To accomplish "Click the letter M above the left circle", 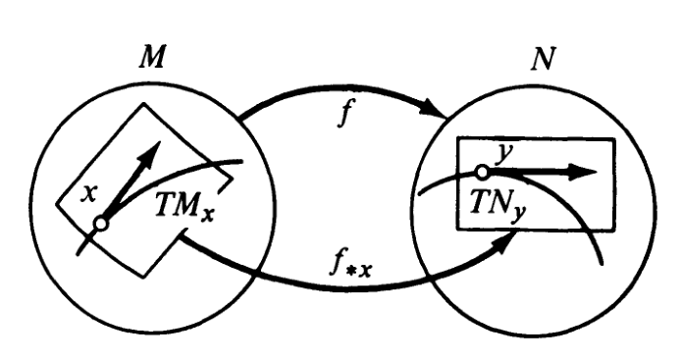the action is coord(152,58).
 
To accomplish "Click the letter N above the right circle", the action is coord(544,59).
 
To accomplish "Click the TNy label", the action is coord(498,205).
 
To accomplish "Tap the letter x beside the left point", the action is coord(89,194).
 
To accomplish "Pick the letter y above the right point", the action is coord(505,152).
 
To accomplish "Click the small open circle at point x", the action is coord(101,224).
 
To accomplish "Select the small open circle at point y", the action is coord(482,173).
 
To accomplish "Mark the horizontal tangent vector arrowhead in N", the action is coord(584,173).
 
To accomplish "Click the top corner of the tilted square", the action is coord(144,104).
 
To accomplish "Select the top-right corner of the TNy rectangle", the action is coord(614,139).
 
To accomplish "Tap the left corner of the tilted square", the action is coord(57,203).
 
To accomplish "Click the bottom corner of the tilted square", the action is coord(144,276).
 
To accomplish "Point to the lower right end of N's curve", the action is coord(602,263).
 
